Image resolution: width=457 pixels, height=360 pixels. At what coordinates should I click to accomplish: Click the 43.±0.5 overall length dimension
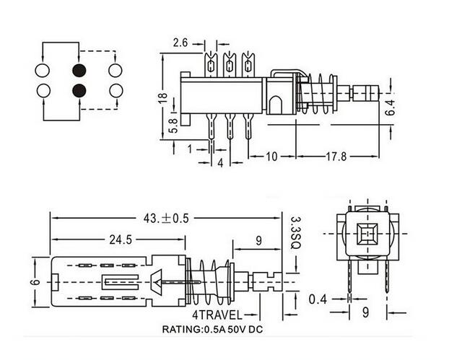pos(166,218)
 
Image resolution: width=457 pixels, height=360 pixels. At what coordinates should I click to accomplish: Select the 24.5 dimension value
pos(121,240)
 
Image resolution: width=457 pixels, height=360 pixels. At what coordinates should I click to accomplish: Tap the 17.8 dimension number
pos(336,157)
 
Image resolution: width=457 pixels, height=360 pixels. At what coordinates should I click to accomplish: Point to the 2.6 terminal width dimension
pos(180,43)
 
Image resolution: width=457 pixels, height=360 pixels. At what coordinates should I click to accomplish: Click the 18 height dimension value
pos(163,97)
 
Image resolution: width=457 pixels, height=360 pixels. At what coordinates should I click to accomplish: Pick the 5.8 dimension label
pos(173,126)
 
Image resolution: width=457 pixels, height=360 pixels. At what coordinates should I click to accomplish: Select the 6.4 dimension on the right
pos(390,107)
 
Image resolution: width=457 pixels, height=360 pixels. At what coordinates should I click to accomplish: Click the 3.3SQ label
pos(295,232)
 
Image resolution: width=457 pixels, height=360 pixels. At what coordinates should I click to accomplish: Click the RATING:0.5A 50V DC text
pos(212,330)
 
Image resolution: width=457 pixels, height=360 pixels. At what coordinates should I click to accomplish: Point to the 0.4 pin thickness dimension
pos(318,299)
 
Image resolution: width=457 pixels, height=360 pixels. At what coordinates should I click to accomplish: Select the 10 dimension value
pos(271,157)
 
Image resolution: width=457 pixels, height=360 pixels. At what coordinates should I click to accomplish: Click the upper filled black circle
pos(79,70)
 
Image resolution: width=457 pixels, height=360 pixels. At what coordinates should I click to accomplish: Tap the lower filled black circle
pos(79,91)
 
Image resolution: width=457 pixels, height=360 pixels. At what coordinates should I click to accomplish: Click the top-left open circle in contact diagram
pos(43,71)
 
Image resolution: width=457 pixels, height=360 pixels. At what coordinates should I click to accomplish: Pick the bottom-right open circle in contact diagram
pos(116,91)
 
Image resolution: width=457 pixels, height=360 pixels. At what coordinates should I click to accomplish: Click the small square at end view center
pos(367,233)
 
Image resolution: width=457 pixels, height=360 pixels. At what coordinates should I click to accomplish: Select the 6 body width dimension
pos(36,282)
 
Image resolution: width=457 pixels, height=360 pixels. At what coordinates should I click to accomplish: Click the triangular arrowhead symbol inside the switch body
pos(156,281)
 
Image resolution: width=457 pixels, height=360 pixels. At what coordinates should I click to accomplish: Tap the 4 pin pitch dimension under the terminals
pos(220,163)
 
